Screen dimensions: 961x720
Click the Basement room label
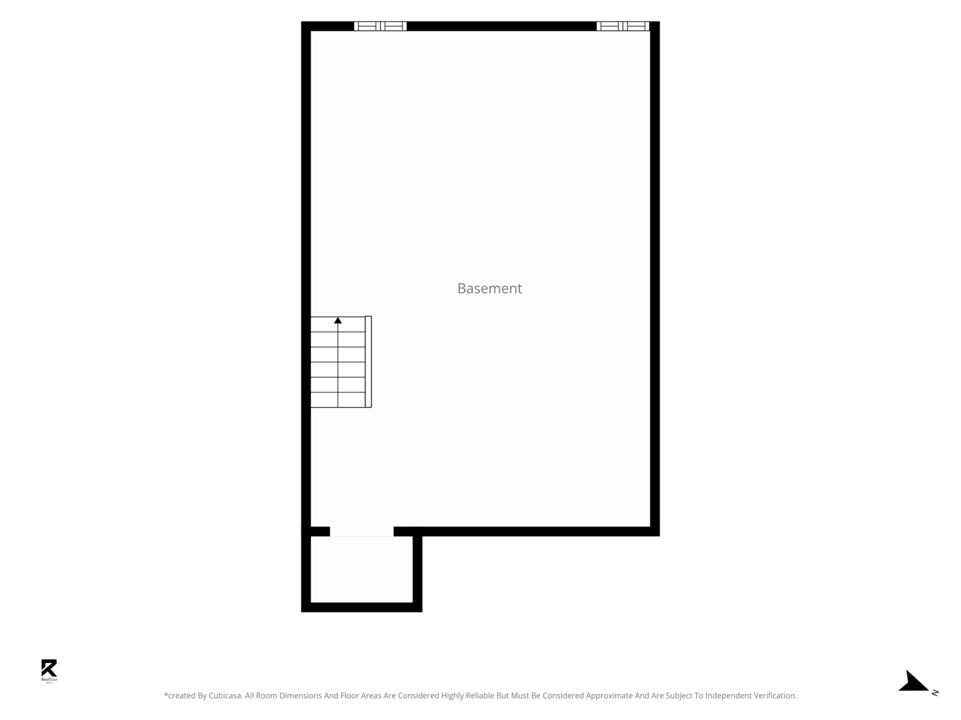pyautogui.click(x=490, y=288)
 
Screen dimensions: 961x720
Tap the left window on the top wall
pyautogui.click(x=380, y=26)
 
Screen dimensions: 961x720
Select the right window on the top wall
pyautogui.click(x=623, y=26)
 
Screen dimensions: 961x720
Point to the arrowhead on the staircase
pyautogui.click(x=338, y=320)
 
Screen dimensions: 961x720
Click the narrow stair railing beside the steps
pyautogui.click(x=368, y=362)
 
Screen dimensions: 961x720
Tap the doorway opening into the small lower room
pyautogui.click(x=362, y=532)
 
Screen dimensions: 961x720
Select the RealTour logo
pyautogui.click(x=49, y=671)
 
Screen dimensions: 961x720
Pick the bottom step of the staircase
pyautogui.click(x=338, y=400)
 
